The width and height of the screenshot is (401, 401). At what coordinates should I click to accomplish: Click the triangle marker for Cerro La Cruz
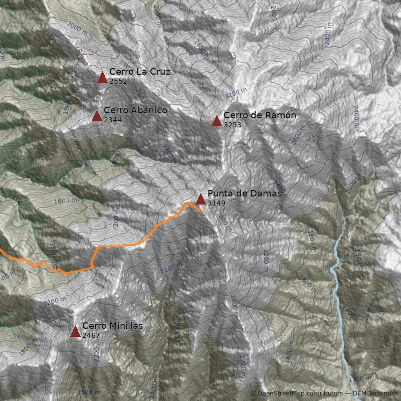pos(102,77)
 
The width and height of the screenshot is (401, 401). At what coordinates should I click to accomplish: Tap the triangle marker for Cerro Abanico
pos(97,116)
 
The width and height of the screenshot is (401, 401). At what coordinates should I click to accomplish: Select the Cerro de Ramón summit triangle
pos(217,121)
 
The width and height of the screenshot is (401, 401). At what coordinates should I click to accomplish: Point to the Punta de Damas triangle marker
pos(200,199)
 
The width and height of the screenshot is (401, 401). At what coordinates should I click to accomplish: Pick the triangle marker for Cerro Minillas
pos(75,331)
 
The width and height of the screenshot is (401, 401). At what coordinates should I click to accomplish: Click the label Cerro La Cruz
pos(140,72)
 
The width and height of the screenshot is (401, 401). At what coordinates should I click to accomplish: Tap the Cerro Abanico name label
pos(135,110)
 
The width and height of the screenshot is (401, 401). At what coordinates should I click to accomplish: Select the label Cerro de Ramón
pos(260,115)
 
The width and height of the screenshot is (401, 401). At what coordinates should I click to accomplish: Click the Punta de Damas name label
pos(245,193)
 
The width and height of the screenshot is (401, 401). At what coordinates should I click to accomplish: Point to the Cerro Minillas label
pos(112,326)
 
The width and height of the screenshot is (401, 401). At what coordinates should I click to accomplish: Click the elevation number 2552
pos(118,81)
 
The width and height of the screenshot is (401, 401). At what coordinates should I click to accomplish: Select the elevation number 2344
pos(112,120)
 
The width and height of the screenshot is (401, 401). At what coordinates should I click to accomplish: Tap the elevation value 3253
pos(232,124)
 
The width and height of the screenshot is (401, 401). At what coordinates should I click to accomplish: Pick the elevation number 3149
pos(216,203)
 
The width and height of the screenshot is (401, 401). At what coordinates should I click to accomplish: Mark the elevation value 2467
pos(91,335)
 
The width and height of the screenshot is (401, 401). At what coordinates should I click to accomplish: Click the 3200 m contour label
pos(236,93)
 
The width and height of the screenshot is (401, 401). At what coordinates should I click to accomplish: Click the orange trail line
pos(120,246)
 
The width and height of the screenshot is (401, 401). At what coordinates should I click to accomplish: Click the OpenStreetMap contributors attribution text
pos(300,393)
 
